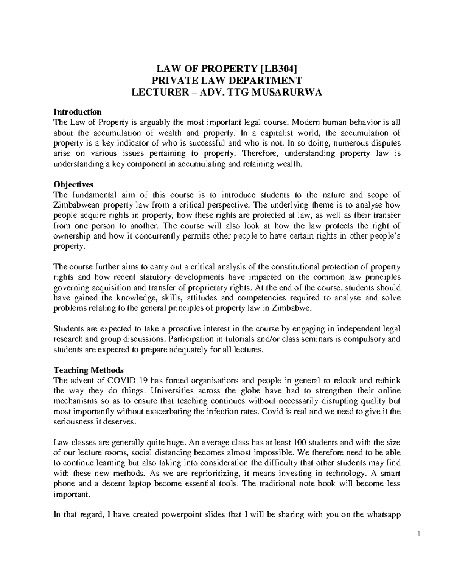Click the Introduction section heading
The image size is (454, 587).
click(x=78, y=112)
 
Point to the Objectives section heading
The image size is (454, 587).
click(x=73, y=185)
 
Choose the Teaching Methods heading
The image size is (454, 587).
click(x=89, y=370)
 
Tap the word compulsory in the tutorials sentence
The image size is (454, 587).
click(x=371, y=339)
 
